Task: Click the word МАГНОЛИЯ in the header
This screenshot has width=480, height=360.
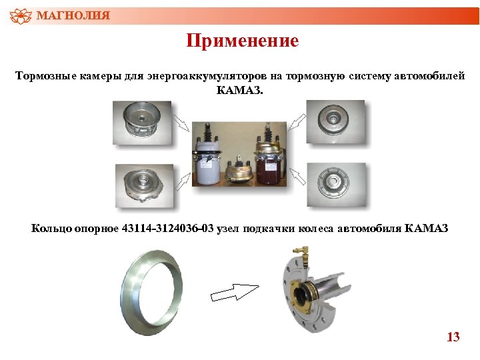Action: point(73,15)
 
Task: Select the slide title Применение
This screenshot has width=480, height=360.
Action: point(242,41)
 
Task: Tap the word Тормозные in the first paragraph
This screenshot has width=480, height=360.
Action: point(44,77)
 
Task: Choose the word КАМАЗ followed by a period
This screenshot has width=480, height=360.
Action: point(240,89)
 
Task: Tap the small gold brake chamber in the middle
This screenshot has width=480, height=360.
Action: point(239,172)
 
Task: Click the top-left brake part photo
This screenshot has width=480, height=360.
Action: point(141,123)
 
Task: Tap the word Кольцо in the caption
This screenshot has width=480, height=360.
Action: point(51,229)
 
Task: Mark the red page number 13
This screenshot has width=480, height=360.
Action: point(453,337)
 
